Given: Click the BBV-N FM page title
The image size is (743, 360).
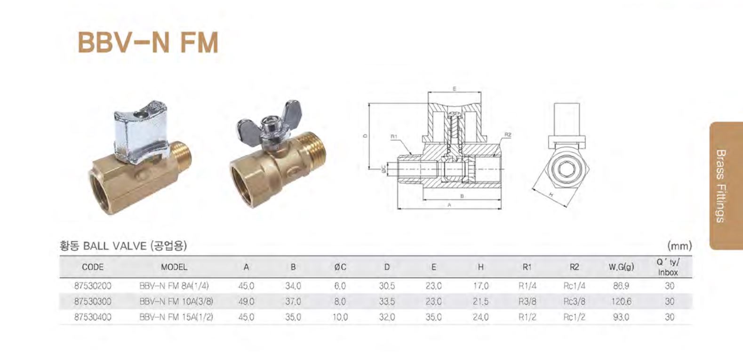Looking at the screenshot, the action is (148, 42).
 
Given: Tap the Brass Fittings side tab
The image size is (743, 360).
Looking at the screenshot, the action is (726, 186).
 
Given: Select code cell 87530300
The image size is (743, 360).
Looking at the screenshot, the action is (93, 301).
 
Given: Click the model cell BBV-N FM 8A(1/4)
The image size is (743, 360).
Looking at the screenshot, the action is (174, 286).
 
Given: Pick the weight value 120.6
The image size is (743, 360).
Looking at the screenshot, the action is (621, 301).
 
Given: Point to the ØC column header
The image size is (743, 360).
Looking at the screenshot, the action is (340, 267).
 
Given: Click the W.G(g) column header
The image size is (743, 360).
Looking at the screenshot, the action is (621, 267).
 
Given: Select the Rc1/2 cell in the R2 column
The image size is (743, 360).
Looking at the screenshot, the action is (574, 317).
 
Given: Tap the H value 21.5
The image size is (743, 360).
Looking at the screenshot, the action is (480, 301).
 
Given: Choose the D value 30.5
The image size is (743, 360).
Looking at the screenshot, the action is (387, 286).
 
